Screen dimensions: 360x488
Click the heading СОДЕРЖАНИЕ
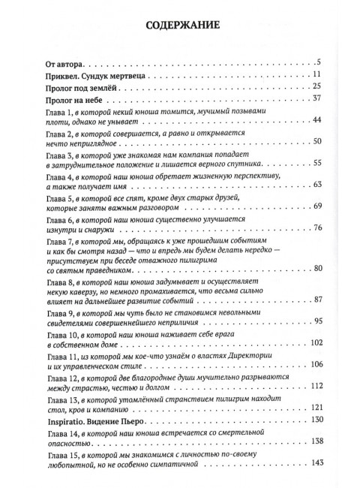(179, 25)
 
